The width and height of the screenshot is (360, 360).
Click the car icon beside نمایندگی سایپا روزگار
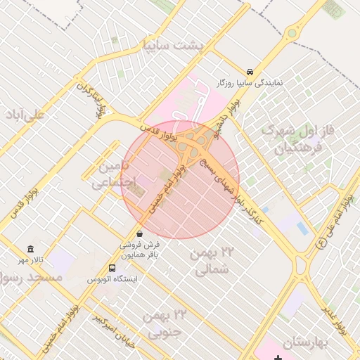250,72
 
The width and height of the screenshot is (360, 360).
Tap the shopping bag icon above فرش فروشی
139,233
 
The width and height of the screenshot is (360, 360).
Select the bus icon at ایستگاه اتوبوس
112,268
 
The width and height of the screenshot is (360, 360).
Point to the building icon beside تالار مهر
30,249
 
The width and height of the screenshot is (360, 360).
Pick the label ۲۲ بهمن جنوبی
165,323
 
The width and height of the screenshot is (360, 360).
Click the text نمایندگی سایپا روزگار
251,83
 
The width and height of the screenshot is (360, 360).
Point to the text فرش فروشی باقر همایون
139,250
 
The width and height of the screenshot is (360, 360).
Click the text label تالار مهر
31,260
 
